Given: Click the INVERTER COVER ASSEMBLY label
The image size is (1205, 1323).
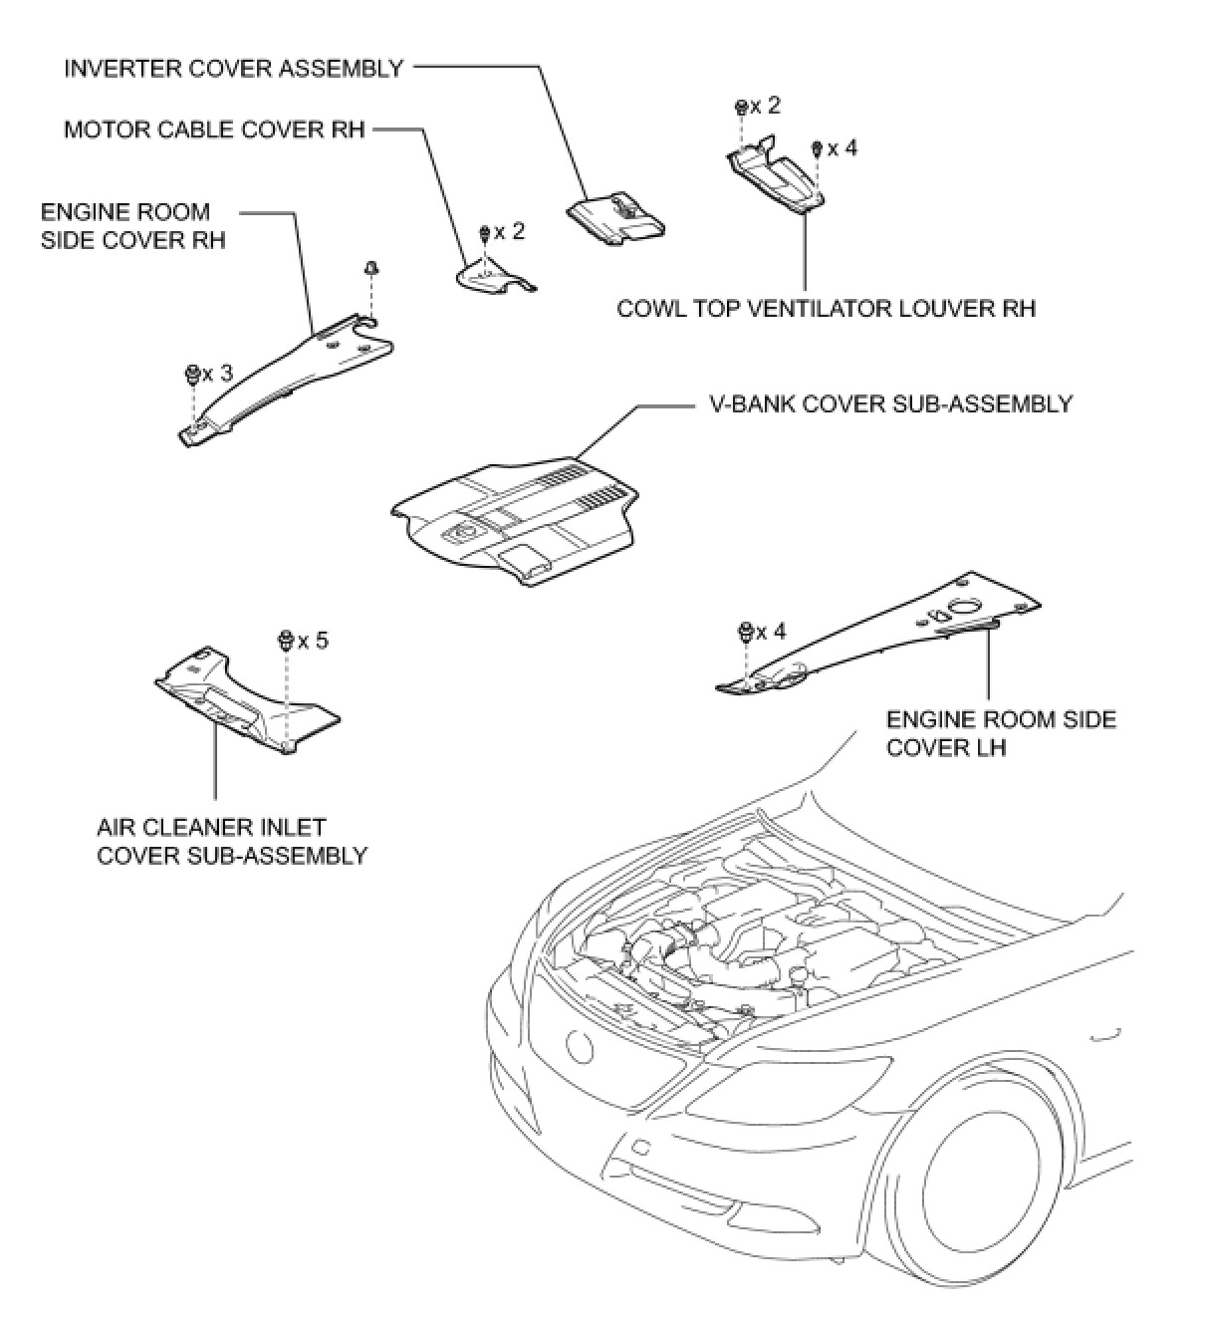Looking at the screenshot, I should (234, 69).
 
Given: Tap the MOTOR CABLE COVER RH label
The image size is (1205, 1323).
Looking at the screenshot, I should (215, 131).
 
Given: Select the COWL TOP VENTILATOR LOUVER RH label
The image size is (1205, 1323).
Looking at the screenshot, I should (827, 308).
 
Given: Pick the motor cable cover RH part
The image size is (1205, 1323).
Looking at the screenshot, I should (492, 276).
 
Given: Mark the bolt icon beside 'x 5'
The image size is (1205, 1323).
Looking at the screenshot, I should (286, 640).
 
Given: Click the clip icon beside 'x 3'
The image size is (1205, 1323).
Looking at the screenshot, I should (191, 375).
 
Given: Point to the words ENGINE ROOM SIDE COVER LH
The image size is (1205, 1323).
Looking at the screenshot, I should (1001, 732).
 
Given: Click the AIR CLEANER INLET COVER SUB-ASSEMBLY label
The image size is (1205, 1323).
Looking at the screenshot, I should (232, 841).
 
